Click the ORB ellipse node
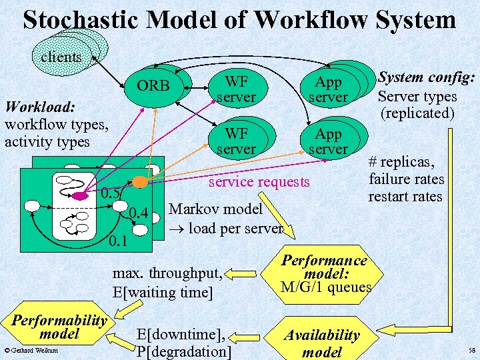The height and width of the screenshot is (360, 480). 153,87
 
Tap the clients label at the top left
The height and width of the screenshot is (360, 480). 61,57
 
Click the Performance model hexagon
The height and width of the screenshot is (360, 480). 324,273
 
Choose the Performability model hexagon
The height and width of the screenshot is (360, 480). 59,327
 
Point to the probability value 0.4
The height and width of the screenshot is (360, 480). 138,214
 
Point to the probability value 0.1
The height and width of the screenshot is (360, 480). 118,238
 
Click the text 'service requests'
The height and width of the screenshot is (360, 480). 259,181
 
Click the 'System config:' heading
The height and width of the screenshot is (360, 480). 426,79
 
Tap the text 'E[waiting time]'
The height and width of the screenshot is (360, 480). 163,292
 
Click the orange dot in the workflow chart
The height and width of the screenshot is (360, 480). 139,181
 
